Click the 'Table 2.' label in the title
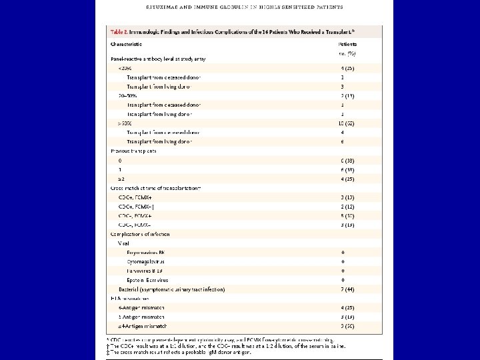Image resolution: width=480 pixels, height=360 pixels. (x=122, y=31)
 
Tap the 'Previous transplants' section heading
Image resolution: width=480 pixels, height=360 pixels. (x=134, y=151)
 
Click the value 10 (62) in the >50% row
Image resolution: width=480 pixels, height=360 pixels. (x=347, y=124)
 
